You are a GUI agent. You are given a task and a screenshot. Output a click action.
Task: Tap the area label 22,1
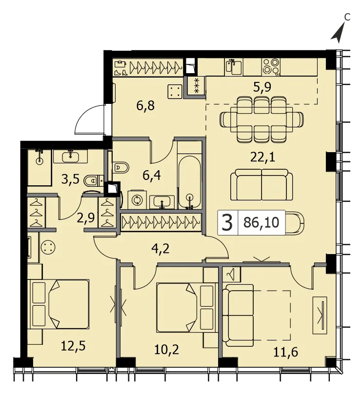(263, 158)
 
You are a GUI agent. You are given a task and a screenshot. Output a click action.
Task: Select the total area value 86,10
(262, 223)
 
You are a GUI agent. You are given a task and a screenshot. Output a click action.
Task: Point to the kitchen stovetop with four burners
(271, 67)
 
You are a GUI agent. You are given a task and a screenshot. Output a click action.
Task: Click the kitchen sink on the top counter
(234, 67)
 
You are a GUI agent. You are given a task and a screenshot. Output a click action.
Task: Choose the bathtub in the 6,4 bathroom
(189, 182)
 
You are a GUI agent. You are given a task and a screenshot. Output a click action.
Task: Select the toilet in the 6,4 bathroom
(121, 167)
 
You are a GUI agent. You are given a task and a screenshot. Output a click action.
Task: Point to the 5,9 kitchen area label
(263, 87)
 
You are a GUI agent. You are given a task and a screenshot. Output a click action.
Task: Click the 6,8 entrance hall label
(145, 106)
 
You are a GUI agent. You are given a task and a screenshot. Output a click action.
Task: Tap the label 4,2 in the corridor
(161, 249)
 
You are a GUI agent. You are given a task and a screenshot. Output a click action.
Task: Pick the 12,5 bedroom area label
(73, 346)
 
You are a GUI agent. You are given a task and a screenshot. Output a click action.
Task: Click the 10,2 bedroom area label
(166, 350)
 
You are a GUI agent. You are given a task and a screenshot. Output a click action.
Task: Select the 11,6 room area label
(286, 352)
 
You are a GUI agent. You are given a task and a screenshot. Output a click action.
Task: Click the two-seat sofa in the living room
(262, 185)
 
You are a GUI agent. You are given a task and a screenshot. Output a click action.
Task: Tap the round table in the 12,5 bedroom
(48, 247)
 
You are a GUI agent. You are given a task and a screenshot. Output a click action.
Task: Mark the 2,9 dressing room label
(86, 218)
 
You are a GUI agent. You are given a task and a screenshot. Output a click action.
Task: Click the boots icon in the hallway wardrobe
(121, 73)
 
